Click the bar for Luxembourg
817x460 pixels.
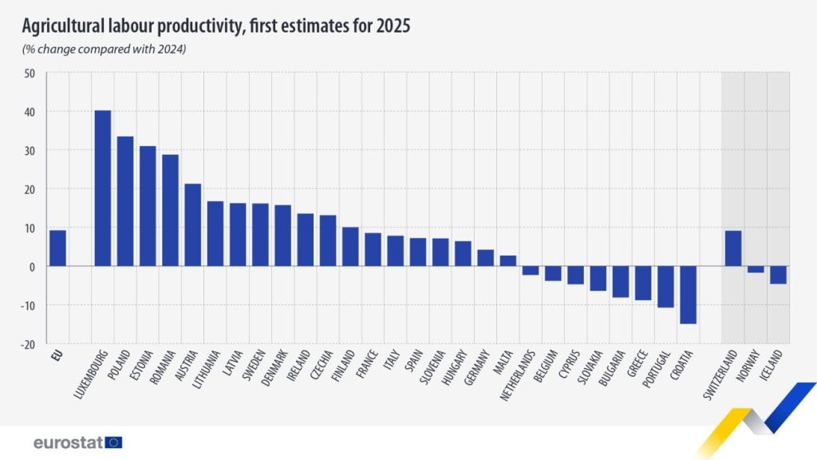[102, 188]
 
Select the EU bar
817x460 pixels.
[57, 248]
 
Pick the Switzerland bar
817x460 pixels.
[733, 248]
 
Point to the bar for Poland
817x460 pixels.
[125, 201]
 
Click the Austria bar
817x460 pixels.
[192, 225]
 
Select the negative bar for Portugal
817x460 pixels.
[665, 287]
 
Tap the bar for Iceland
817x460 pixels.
[778, 275]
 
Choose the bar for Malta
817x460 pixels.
[508, 261]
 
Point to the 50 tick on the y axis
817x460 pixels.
[30, 73]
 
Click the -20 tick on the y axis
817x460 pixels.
[27, 344]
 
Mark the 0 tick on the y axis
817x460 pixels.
[32, 267]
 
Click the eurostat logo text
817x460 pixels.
[67, 442]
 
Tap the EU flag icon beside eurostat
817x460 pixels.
[113, 442]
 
